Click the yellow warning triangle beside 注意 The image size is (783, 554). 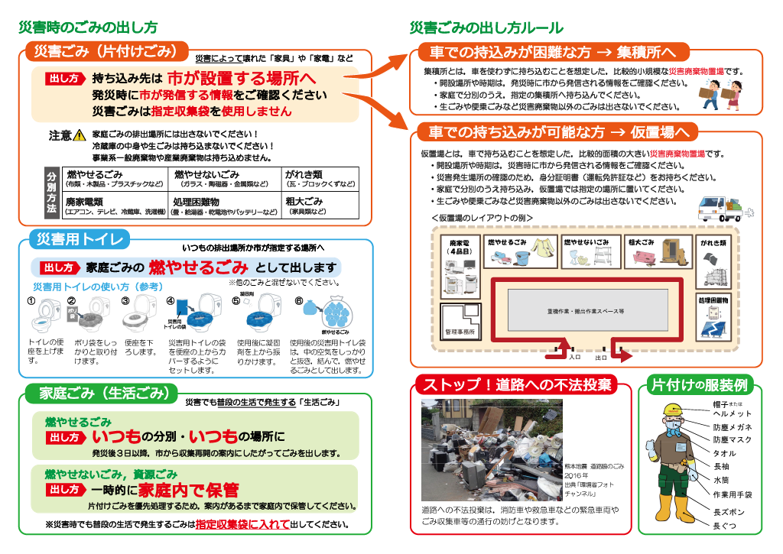click(80, 136)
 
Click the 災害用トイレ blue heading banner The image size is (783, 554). click(80, 240)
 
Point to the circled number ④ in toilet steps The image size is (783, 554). click(171, 300)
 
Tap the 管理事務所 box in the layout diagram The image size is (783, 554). click(460, 332)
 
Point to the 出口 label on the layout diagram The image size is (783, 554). click(601, 357)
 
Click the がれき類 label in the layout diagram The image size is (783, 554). click(713, 242)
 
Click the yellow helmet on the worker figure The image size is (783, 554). click(672, 410)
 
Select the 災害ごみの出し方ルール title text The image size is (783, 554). click(486, 28)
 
